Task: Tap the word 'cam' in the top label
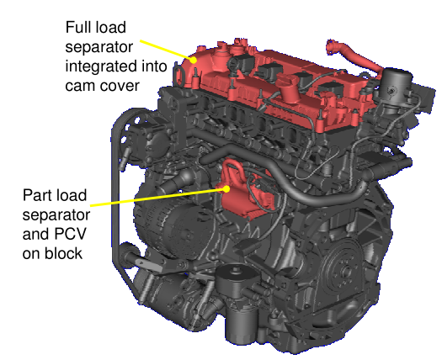(x=80, y=86)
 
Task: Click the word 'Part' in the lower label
(x=38, y=195)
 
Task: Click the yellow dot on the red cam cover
(x=193, y=60)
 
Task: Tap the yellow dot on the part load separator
(x=226, y=188)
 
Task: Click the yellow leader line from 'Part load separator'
(x=158, y=197)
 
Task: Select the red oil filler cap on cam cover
(x=290, y=87)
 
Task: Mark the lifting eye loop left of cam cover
(x=178, y=74)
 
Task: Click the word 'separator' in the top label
(x=99, y=47)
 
